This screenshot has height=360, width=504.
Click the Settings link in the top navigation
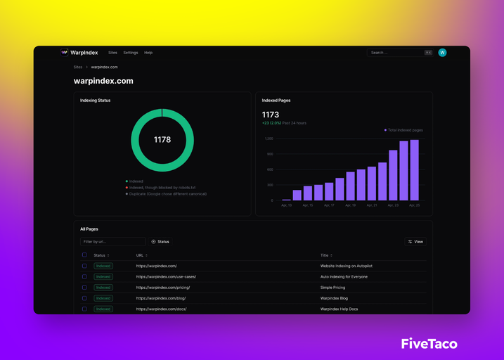(x=131, y=53)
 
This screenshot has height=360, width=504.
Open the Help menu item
(x=148, y=53)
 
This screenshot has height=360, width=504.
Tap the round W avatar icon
(x=442, y=53)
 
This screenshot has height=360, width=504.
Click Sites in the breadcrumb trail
(x=78, y=67)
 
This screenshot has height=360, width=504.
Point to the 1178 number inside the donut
(x=162, y=140)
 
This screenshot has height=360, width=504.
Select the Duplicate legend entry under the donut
(x=167, y=194)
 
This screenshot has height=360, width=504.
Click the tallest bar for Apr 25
(x=414, y=170)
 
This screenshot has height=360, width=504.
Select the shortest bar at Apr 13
(x=286, y=200)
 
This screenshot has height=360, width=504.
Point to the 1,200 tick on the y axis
(x=269, y=139)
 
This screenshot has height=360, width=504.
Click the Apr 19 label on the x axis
(x=350, y=205)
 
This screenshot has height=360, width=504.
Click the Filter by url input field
(x=112, y=242)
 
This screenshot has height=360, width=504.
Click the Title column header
(x=325, y=255)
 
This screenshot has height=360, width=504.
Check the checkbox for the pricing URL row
(x=84, y=288)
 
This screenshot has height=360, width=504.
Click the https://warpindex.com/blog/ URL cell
(x=161, y=298)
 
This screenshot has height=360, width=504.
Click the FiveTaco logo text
(x=429, y=344)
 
